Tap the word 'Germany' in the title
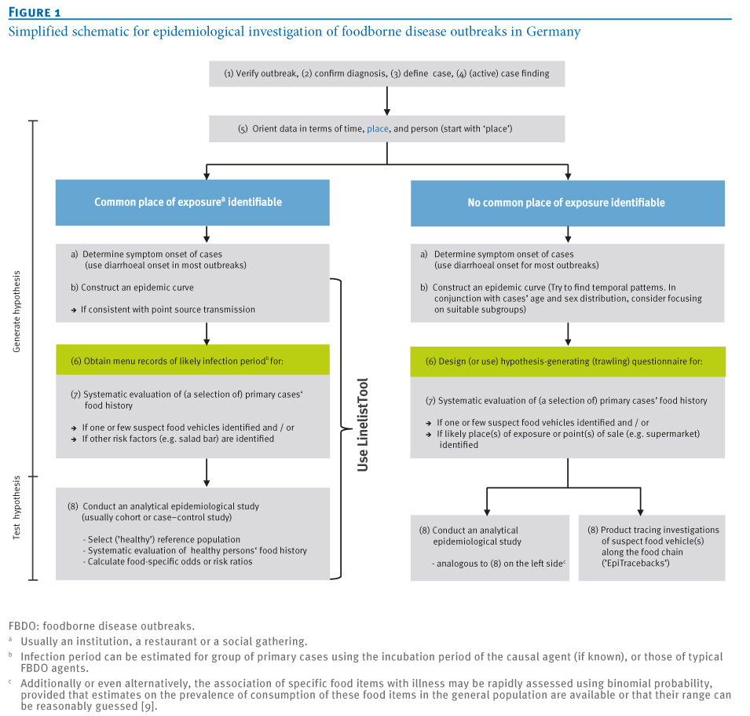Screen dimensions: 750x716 554,31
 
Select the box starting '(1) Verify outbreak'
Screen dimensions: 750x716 386,74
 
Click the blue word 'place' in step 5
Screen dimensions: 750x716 378,129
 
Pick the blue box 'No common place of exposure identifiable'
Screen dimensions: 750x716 568,203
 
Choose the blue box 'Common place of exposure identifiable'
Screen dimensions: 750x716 192,203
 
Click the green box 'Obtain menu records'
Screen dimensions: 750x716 192,360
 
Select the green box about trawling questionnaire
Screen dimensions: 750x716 568,362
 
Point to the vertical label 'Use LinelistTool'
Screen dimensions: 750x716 363,425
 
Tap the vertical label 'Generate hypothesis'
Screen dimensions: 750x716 16,311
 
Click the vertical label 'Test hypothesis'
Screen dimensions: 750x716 16,507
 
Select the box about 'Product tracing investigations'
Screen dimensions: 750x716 652,548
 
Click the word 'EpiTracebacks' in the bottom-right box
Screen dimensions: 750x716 635,564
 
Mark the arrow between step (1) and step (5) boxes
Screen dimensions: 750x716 387,101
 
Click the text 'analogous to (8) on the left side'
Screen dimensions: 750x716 499,564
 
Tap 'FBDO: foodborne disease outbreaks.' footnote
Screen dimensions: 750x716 101,626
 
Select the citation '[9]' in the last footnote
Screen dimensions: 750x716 147,707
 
